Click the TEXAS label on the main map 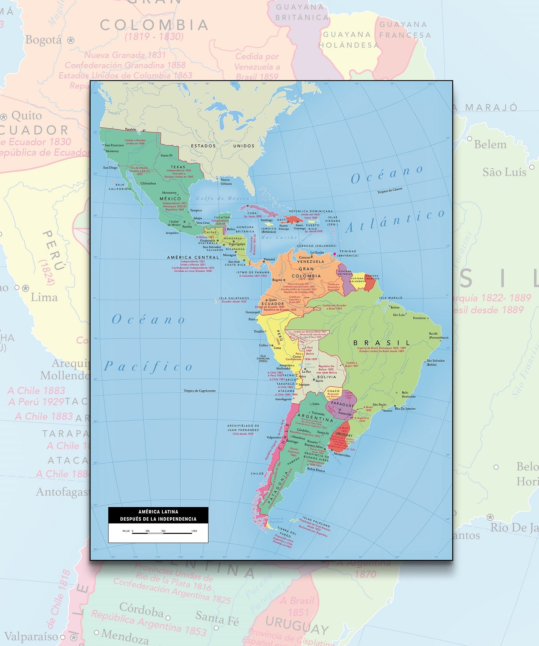coord(178,167)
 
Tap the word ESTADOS coord(203,146)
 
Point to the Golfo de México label coord(223,198)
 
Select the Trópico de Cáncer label coord(390,191)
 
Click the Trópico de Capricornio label coord(200,391)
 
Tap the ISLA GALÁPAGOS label coord(234,298)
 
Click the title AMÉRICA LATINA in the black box coord(158,512)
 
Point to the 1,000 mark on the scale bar coord(194,531)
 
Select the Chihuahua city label coord(148,183)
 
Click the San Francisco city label coord(114,145)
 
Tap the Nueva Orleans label coord(226,182)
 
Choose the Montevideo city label coord(342,455)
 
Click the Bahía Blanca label coord(316,470)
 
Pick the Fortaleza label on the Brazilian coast coord(419,318)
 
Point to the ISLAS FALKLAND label coord(316,522)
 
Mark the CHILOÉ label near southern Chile coord(257,473)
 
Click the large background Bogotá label coord(44,40)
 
